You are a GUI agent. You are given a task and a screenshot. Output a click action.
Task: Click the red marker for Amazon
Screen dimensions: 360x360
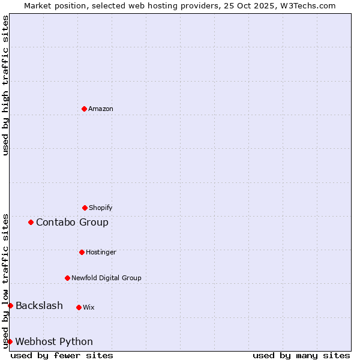tap(84, 109)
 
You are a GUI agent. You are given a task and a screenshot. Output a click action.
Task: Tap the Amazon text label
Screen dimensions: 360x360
tap(101, 109)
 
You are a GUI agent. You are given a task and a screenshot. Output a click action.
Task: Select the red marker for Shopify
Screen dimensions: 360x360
tap(85, 208)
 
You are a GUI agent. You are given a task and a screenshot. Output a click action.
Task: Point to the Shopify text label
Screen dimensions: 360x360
tap(101, 208)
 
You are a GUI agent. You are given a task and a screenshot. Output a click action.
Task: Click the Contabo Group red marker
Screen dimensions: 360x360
tap(31, 222)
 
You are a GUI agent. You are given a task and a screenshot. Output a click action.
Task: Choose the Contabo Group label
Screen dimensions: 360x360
tap(72, 223)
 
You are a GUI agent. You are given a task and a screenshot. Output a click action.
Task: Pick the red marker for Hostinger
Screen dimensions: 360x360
tap(82, 252)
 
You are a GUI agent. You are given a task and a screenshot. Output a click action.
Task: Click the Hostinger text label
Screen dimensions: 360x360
tap(101, 253)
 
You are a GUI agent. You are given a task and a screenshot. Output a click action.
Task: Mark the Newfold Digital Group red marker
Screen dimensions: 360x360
tap(67, 278)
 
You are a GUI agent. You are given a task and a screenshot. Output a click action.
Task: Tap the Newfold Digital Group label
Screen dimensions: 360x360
tap(106, 278)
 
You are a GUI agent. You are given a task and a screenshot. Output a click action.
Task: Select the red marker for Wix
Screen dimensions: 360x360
tap(79, 307)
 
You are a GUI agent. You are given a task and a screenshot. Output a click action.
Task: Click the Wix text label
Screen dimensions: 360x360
tap(89, 308)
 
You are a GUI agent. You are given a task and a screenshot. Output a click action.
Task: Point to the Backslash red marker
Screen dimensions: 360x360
tap(10, 305)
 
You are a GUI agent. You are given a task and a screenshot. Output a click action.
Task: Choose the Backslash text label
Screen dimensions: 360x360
tap(39, 306)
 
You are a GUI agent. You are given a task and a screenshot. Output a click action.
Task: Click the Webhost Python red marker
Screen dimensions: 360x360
tap(10, 341)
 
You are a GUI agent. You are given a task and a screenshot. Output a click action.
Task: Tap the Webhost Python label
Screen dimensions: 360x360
tap(54, 342)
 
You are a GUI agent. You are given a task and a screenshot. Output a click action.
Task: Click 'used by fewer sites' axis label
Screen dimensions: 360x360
tap(62, 355)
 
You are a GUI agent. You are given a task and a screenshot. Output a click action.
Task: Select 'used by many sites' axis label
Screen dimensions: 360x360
tap(301, 355)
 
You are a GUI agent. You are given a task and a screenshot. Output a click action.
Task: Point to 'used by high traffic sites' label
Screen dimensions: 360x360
tap(5, 85)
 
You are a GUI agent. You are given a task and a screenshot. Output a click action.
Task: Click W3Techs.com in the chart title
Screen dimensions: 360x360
tap(305, 5)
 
